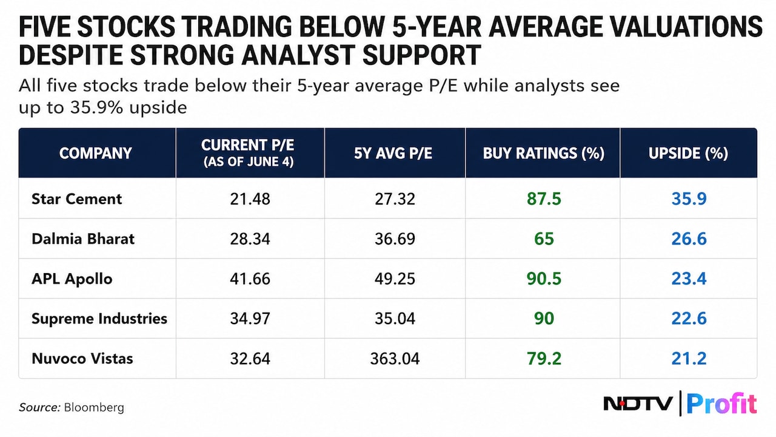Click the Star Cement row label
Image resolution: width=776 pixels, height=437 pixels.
click(x=76, y=198)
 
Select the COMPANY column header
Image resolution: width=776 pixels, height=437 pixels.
click(x=96, y=153)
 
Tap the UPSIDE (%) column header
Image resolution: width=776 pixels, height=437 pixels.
click(x=688, y=153)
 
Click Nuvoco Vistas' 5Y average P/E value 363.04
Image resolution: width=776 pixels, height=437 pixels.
click(x=395, y=359)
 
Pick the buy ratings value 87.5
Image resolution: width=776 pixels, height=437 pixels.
click(x=544, y=198)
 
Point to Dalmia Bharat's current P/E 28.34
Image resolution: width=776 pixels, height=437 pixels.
click(x=250, y=239)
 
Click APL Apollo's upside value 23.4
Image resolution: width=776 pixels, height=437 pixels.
click(x=689, y=279)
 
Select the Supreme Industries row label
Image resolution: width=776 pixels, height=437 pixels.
click(x=99, y=319)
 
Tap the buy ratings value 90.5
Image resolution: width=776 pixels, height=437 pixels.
click(x=544, y=279)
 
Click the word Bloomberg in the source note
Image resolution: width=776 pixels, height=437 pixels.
click(x=94, y=407)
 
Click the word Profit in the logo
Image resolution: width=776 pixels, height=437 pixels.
click(x=721, y=404)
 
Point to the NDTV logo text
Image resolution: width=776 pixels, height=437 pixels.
click(x=638, y=404)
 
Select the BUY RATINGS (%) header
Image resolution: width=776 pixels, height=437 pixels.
click(x=544, y=153)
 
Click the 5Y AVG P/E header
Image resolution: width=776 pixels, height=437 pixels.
click(x=393, y=153)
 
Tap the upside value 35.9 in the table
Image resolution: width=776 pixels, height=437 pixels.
click(x=689, y=198)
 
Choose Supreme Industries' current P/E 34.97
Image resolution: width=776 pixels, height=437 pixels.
click(x=250, y=319)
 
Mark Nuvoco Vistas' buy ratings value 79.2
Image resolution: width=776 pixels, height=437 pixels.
click(x=544, y=359)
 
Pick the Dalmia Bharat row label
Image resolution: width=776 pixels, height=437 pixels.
click(x=83, y=239)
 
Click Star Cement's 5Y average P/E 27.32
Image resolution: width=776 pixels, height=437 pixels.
click(x=395, y=198)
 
